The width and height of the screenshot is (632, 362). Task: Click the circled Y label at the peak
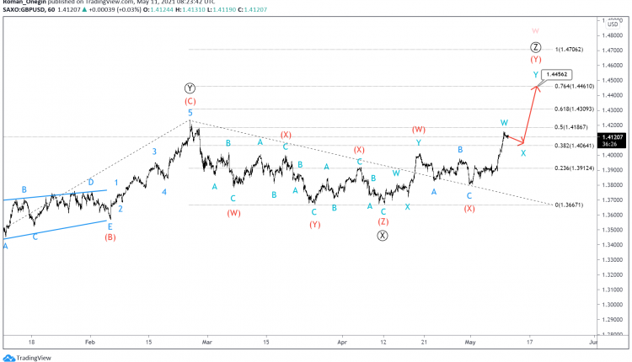(x=190, y=88)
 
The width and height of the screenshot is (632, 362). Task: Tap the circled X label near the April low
(x=383, y=236)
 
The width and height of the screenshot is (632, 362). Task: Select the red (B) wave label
(x=110, y=237)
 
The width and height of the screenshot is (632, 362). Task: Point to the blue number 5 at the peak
(x=190, y=112)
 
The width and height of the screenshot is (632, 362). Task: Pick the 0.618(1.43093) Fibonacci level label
(x=575, y=109)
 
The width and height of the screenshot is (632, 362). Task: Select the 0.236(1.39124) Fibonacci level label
(x=575, y=168)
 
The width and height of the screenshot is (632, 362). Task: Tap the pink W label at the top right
(x=535, y=29)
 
